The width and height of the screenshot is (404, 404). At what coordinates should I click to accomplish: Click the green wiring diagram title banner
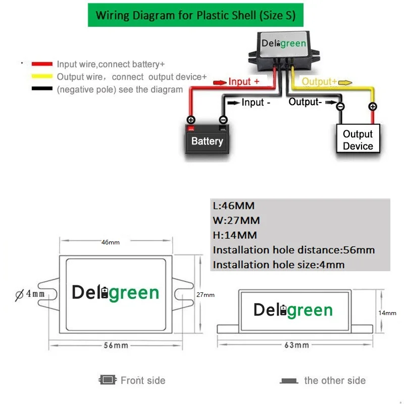(x=195, y=15)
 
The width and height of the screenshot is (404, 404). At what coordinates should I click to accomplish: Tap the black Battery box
(x=207, y=141)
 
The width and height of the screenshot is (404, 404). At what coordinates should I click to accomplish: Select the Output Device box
(x=358, y=140)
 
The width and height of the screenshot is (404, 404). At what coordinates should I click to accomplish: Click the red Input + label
(x=243, y=81)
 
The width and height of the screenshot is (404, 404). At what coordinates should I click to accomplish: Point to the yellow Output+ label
(x=319, y=81)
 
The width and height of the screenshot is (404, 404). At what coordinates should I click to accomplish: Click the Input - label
(x=256, y=103)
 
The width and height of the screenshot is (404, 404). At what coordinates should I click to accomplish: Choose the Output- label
(x=305, y=102)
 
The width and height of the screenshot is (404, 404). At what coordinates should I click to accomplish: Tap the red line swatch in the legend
(x=42, y=64)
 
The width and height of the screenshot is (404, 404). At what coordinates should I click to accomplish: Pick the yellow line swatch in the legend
(x=42, y=77)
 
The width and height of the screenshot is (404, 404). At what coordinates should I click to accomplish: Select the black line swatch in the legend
(x=42, y=89)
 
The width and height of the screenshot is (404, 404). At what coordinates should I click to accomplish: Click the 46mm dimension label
(x=111, y=242)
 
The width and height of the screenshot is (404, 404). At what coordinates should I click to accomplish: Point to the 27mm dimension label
(x=206, y=295)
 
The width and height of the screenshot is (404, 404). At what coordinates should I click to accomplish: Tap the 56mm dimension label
(x=116, y=345)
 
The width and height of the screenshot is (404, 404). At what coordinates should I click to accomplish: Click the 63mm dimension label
(x=296, y=345)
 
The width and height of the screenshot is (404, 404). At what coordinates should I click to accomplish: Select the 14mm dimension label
(x=387, y=313)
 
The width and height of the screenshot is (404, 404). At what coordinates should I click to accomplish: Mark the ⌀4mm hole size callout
(x=31, y=293)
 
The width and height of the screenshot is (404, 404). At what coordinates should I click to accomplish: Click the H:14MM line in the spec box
(x=235, y=235)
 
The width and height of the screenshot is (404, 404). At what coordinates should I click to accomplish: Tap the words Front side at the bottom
(x=143, y=380)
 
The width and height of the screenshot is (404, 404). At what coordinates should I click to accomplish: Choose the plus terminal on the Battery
(x=191, y=120)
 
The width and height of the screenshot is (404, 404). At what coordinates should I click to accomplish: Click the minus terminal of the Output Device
(x=340, y=107)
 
